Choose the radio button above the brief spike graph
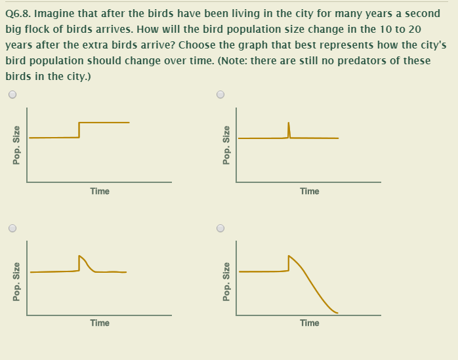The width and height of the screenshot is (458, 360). pos(220,94)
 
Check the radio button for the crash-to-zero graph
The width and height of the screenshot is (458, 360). pos(220,229)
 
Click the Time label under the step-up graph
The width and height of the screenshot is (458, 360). pos(100,191)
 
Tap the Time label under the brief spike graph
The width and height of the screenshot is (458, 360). pos(309,191)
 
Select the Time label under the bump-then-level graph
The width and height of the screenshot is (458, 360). pos(100,323)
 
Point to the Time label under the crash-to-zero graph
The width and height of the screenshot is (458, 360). pos(309,323)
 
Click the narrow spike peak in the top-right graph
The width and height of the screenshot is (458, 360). pos(289,123)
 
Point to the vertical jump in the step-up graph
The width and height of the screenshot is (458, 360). pos(79,130)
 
